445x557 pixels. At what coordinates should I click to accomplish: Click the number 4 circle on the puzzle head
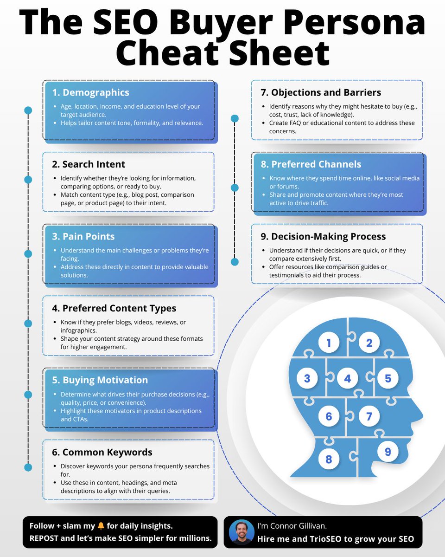point(348,379)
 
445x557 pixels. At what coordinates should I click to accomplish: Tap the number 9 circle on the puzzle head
point(388,451)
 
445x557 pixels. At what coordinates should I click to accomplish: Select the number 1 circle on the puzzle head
point(329,343)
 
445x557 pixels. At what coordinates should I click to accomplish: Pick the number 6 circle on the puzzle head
point(329,416)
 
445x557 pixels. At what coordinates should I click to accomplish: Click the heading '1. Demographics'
point(90,92)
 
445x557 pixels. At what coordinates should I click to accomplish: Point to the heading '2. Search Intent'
point(88,164)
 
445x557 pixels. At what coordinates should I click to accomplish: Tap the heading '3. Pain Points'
point(83,236)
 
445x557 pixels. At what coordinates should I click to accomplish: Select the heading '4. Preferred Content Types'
point(114,308)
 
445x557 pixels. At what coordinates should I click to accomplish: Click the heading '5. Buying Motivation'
point(100,380)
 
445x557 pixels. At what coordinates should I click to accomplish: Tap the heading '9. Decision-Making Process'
point(323,236)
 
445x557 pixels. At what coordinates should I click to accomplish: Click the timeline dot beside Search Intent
point(28,180)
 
